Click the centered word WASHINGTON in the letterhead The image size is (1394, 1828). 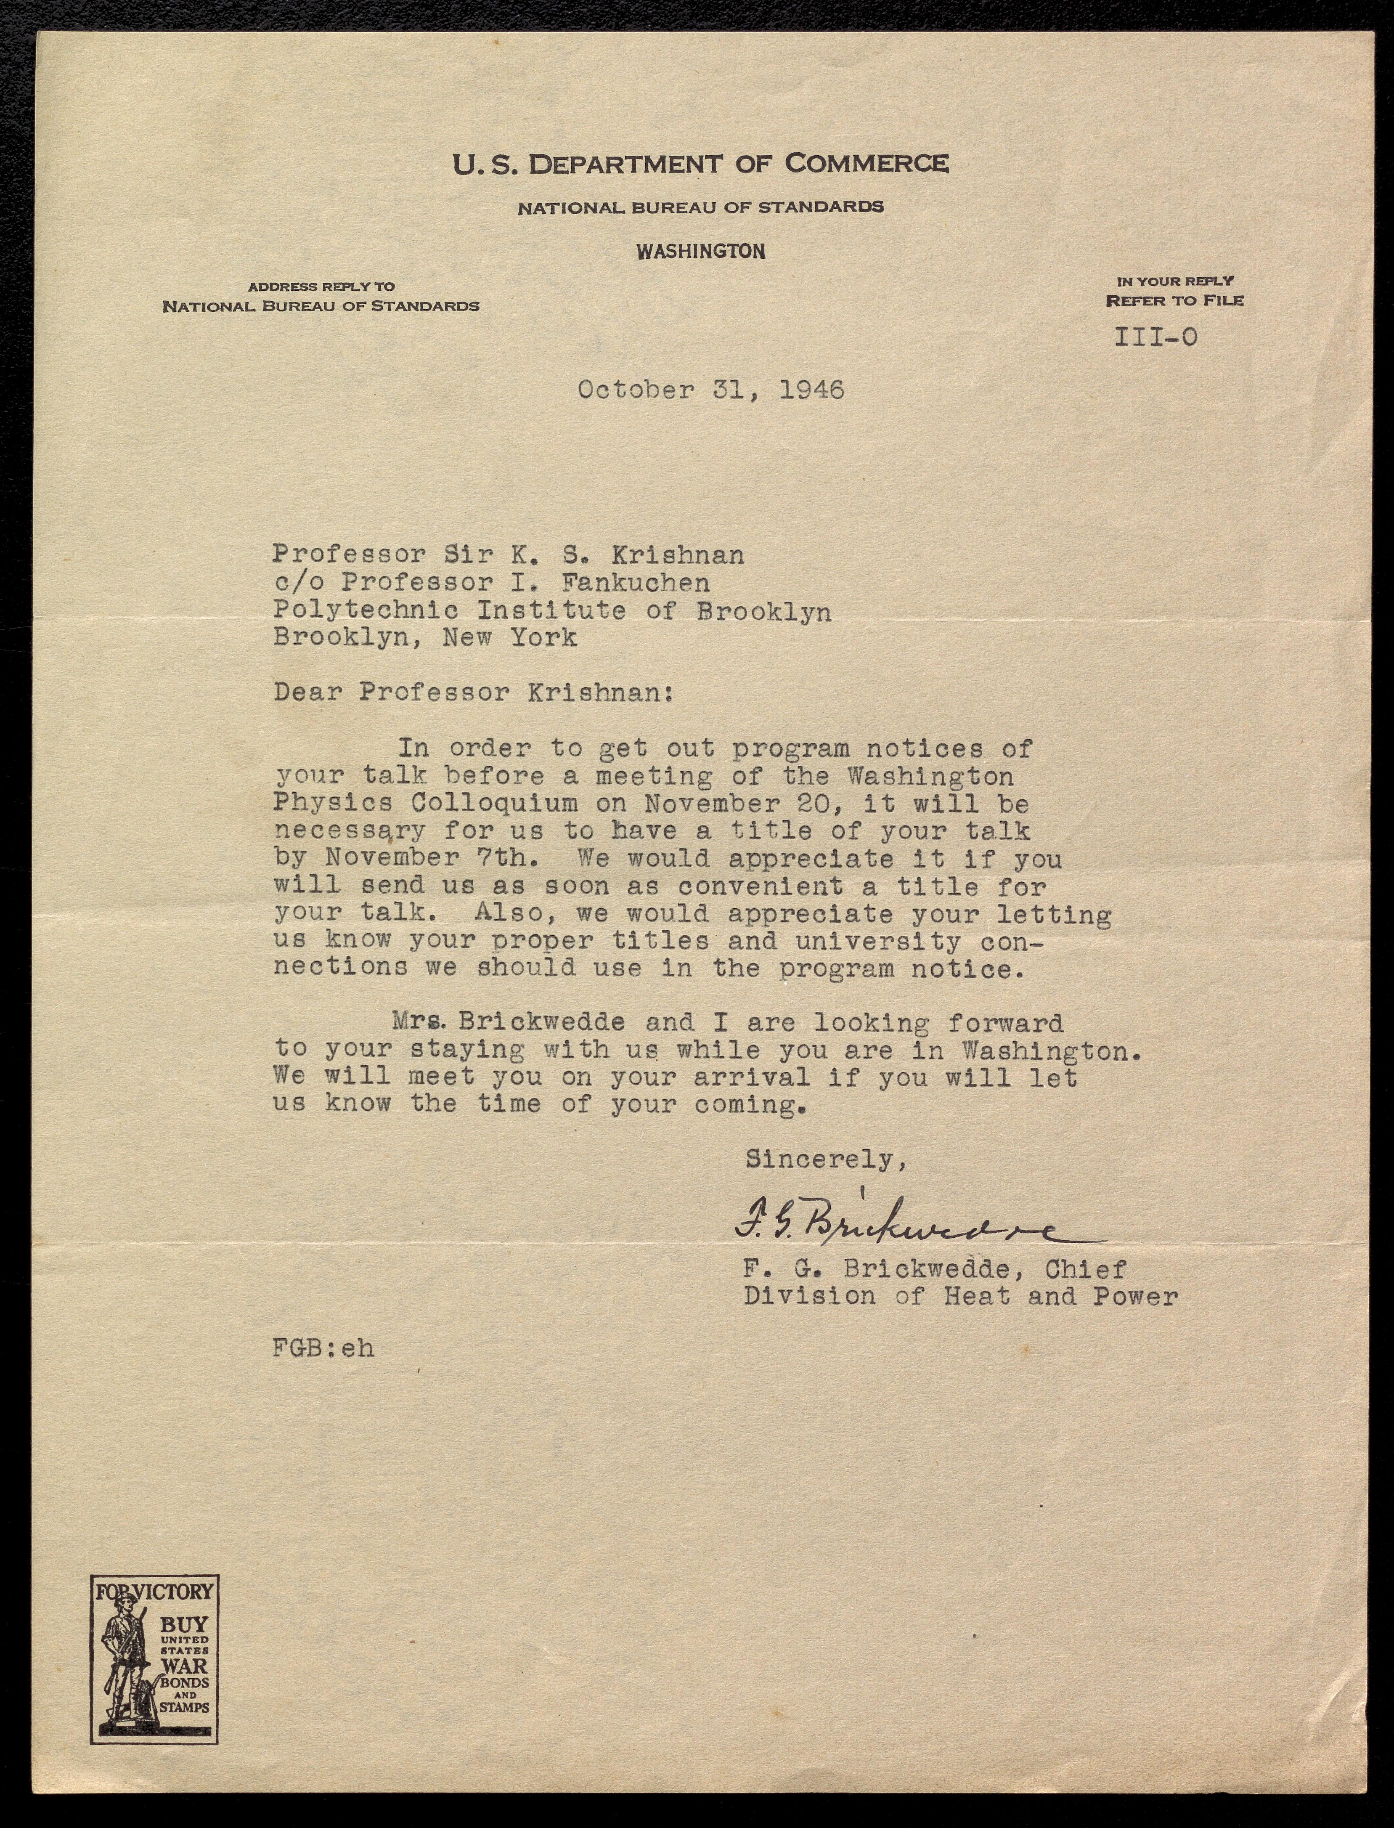(x=701, y=252)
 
